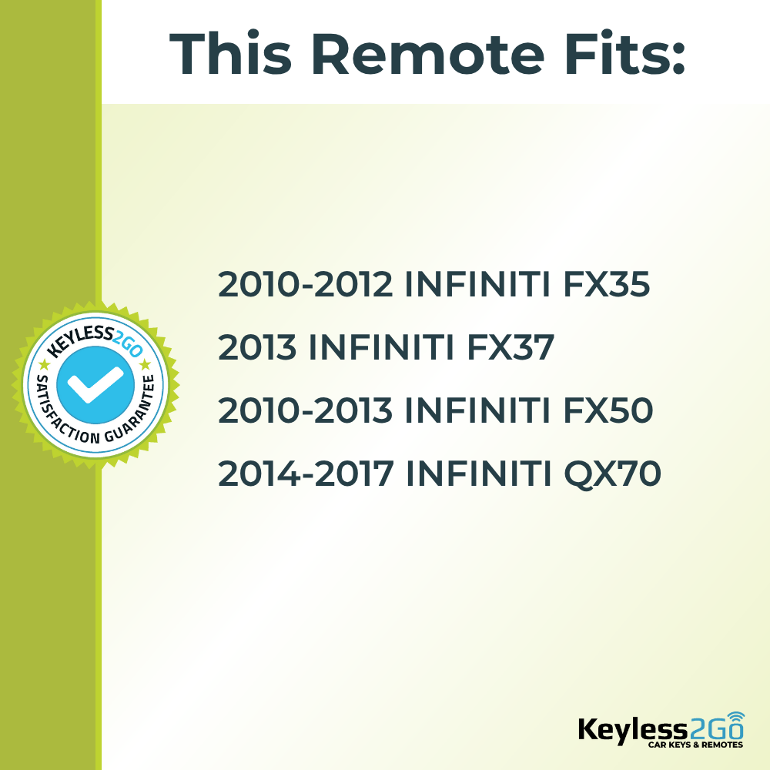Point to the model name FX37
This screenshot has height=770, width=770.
(x=511, y=348)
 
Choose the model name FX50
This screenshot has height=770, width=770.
(x=609, y=411)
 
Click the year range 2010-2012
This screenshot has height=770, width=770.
(x=306, y=285)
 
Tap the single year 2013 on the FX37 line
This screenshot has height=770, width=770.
(x=257, y=348)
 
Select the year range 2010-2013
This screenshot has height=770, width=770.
(x=306, y=411)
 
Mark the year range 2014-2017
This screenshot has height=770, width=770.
(x=306, y=474)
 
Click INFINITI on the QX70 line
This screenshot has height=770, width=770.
(x=477, y=474)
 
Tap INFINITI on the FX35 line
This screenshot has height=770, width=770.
(x=476, y=285)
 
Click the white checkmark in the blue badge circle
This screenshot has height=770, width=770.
(x=95, y=383)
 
